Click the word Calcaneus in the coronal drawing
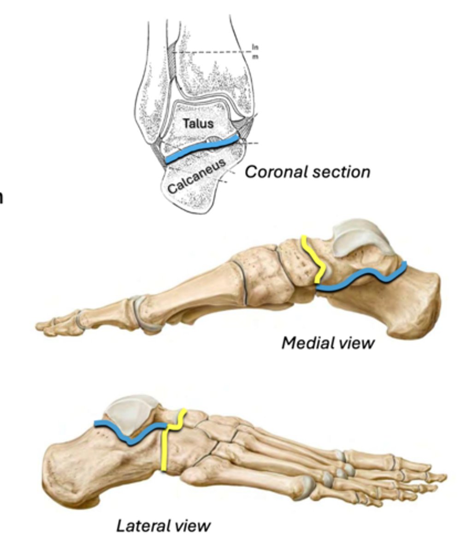[x=196, y=176]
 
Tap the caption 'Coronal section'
[x=307, y=172]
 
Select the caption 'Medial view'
[x=328, y=342]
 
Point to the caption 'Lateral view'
[x=163, y=525]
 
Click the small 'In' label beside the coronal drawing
[x=255, y=47]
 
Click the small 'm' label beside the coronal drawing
[x=255, y=56]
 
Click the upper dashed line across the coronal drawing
[x=212, y=52]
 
